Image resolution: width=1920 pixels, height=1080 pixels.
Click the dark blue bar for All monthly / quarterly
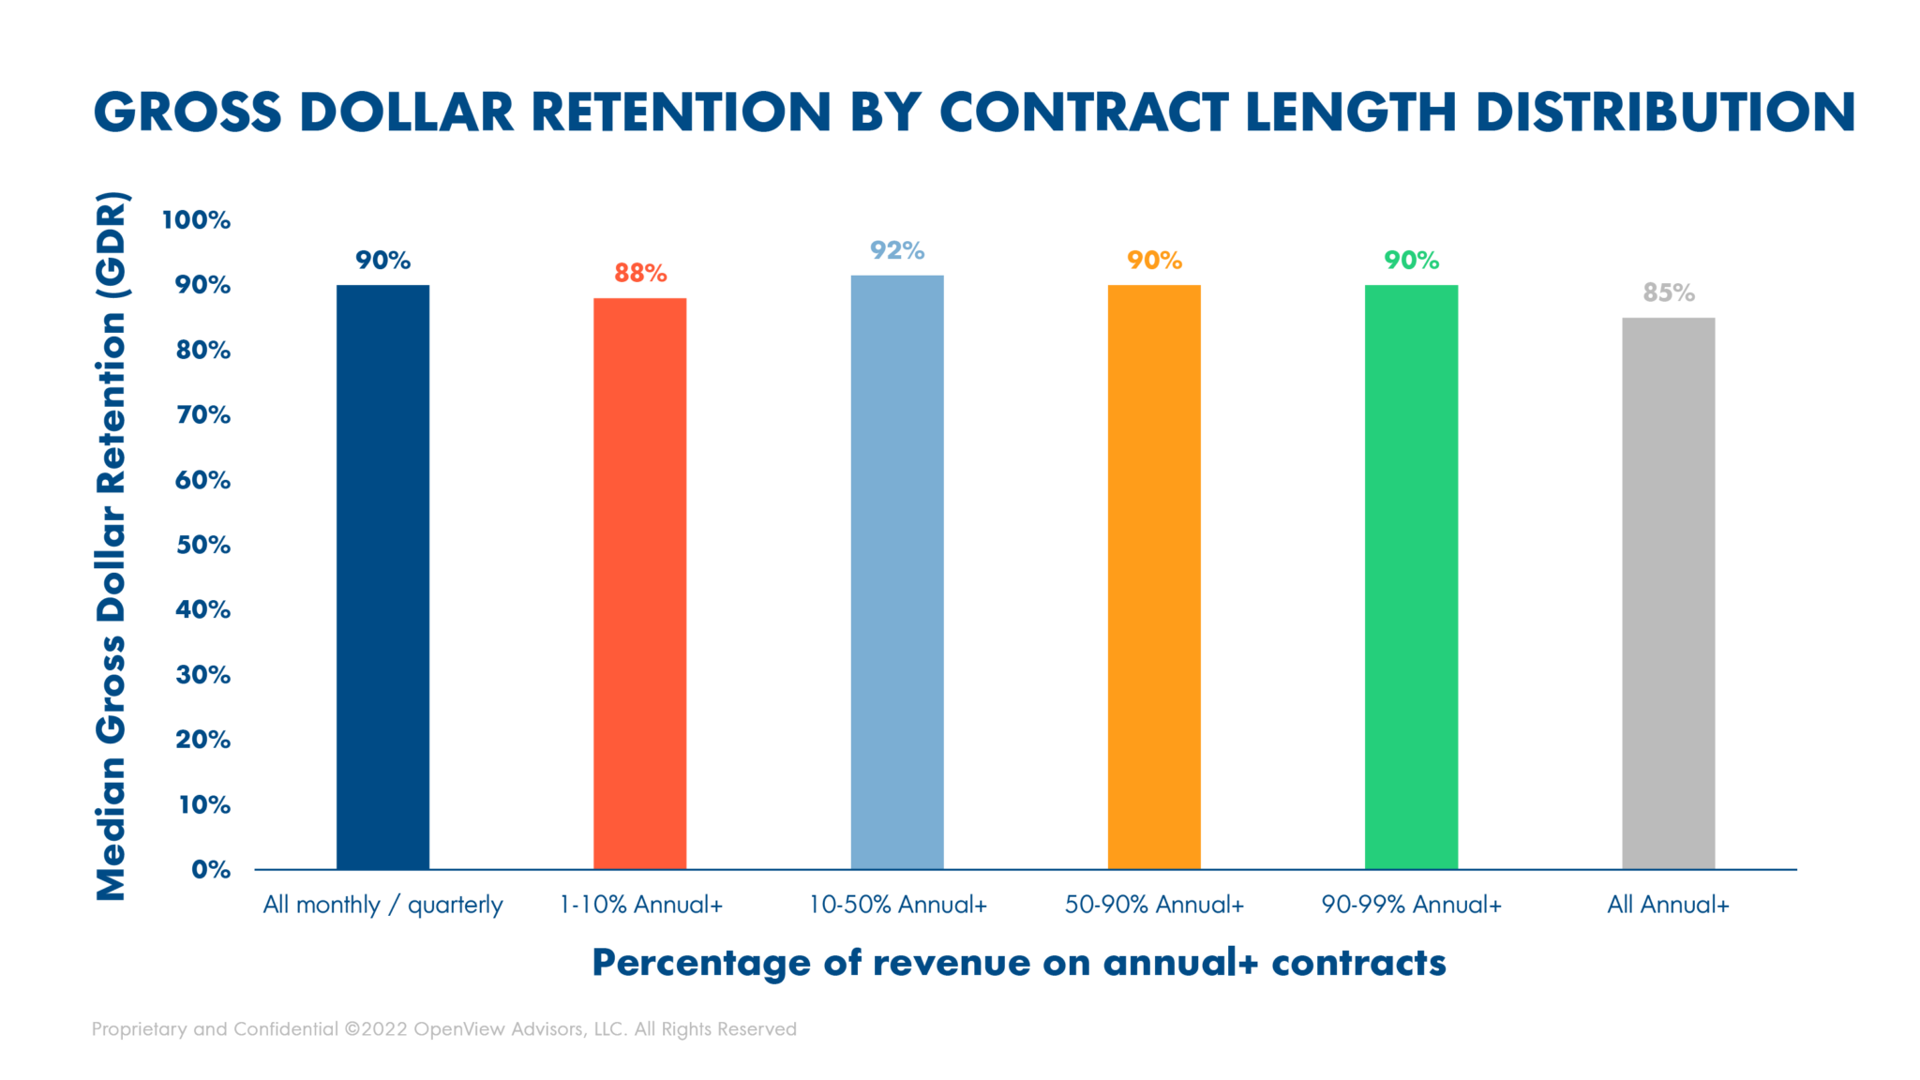point(382,577)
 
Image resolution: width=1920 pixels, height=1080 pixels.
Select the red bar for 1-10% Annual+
point(639,583)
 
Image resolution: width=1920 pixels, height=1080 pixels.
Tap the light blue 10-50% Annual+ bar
point(897,572)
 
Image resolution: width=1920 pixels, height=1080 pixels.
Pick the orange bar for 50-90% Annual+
point(1154,577)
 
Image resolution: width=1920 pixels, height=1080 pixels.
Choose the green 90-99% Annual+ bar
point(1411,577)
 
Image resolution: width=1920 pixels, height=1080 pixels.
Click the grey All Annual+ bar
point(1668,592)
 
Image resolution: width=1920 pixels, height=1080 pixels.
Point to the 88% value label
point(640,273)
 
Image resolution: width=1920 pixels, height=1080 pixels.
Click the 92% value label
point(897,250)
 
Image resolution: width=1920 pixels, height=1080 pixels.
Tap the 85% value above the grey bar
point(1669,292)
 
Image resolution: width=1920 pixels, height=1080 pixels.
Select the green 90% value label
point(1411,260)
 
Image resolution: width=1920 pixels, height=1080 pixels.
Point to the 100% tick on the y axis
point(196,219)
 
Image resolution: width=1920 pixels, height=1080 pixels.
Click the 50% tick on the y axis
point(202,545)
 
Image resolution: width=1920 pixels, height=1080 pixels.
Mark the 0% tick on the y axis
point(210,869)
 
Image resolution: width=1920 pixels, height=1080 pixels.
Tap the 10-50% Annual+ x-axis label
point(897,905)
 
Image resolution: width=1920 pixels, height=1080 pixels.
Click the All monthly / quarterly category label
point(382,905)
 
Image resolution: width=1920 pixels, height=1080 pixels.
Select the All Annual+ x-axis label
point(1668,905)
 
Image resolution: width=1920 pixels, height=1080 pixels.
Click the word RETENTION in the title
point(681,112)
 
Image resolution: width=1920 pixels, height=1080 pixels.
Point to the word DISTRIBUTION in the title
point(1665,112)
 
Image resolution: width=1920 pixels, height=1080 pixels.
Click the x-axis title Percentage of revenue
point(1018,963)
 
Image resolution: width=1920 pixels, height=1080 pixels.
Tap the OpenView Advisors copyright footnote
point(443,1028)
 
